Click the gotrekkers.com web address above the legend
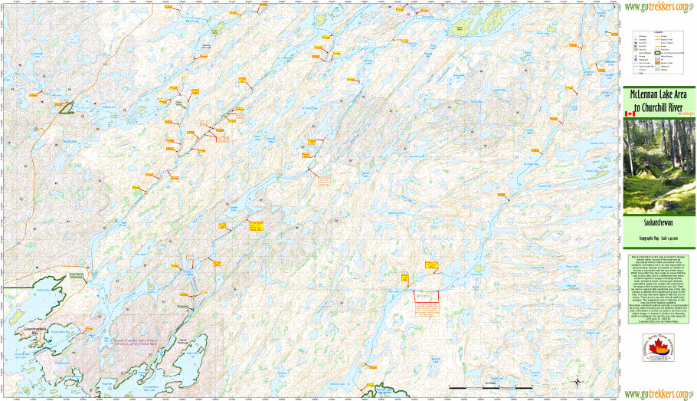click(x=659, y=8)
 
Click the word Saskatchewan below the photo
click(x=658, y=225)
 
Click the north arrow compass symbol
click(x=578, y=380)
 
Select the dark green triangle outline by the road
click(x=67, y=108)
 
